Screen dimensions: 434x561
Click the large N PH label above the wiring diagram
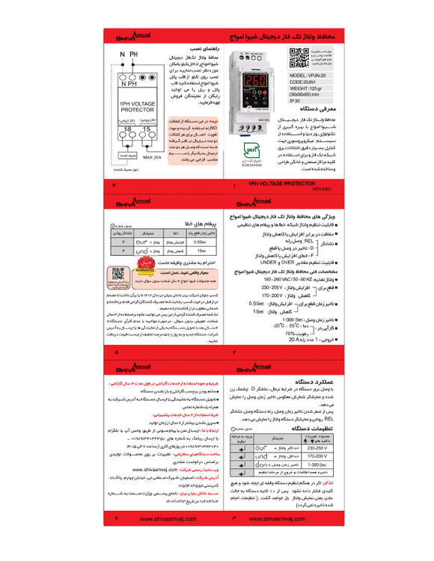tap(129, 56)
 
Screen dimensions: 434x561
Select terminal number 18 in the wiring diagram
tap(121, 129)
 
